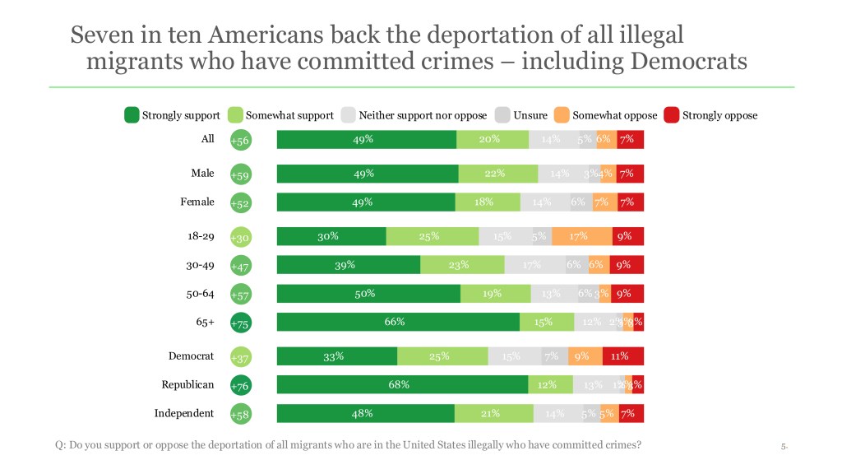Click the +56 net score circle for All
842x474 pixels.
tap(240, 141)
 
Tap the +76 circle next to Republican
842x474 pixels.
tap(240, 386)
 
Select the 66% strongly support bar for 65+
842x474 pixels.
tap(398, 322)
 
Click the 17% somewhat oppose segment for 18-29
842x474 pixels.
tap(581, 236)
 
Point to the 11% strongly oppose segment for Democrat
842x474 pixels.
tap(623, 356)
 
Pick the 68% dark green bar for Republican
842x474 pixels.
tap(402, 384)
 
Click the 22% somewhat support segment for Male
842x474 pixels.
tap(498, 174)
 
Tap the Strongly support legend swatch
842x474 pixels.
tap(132, 115)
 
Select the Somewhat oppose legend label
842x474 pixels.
tap(615, 115)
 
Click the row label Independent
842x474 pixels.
tap(184, 413)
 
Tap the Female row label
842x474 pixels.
tap(197, 202)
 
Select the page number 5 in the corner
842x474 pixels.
tap(784, 447)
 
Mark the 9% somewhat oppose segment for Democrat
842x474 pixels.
tap(583, 356)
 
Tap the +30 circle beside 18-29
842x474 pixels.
tap(240, 238)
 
